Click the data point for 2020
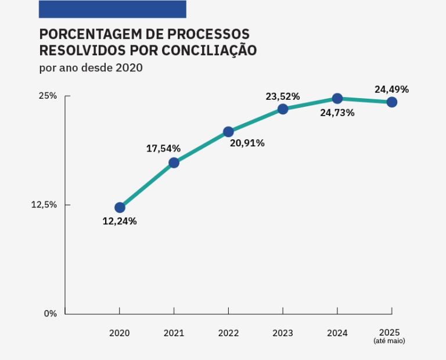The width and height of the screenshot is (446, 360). tap(120, 207)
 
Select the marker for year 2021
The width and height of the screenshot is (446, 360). tap(174, 163)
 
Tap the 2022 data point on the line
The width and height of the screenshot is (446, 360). tap(228, 132)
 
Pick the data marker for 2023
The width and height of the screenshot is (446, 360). tap(283, 109)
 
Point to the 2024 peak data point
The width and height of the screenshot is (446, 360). tap(337, 99)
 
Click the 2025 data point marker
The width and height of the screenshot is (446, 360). tap(392, 102)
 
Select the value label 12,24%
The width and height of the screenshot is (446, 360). tap(120, 221)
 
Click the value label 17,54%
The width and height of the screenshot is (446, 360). tap(163, 149)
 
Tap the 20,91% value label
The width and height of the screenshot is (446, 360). tap(247, 143)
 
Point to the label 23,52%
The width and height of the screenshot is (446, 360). tap(283, 96)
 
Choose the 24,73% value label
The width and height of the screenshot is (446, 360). tap(337, 113)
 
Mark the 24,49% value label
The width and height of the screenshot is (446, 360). tap(392, 89)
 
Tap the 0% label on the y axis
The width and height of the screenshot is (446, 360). tap(51, 314)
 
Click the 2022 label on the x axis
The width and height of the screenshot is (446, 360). tap(228, 333)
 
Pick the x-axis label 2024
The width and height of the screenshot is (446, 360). tap(337, 333)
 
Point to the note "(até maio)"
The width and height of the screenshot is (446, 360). tap(389, 341)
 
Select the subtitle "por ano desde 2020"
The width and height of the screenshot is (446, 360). tap(91, 67)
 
